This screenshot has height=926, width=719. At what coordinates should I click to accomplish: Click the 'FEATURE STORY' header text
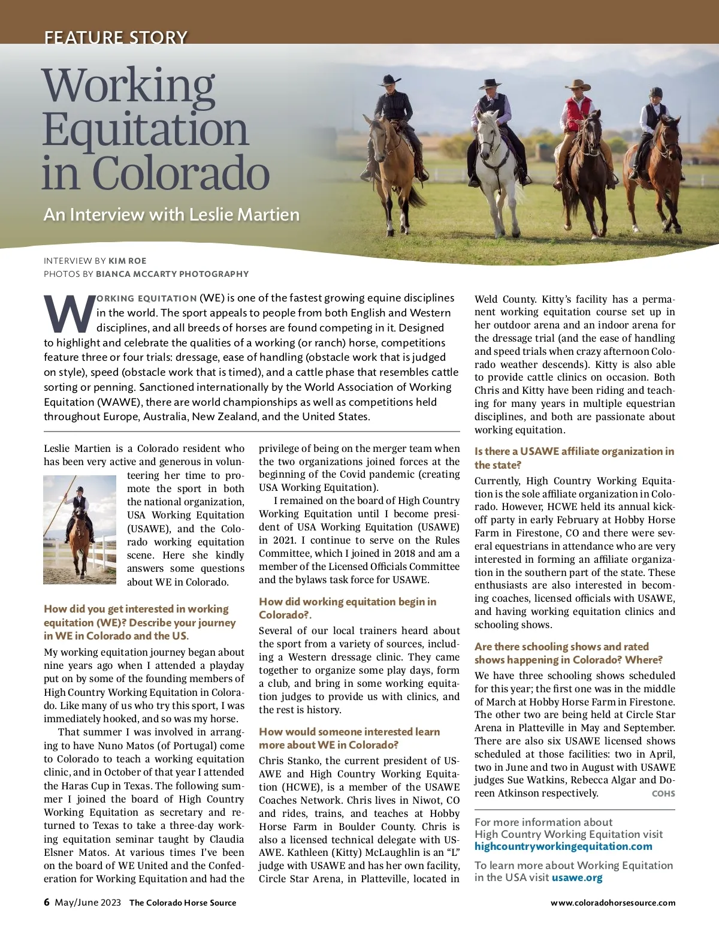[x=116, y=38]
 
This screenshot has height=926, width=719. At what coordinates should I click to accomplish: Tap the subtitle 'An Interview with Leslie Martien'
[x=171, y=215]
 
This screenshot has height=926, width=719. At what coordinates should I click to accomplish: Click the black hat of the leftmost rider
[x=390, y=79]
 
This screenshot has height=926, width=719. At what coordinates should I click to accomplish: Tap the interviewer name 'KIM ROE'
[x=128, y=261]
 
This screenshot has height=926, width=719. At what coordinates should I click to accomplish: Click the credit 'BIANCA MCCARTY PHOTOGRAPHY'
[x=172, y=274]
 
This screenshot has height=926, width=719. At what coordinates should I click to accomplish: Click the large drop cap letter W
[x=68, y=314]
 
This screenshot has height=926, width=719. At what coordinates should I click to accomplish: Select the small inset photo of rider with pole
[x=80, y=529]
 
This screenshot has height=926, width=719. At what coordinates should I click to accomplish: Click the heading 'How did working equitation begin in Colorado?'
[x=348, y=608]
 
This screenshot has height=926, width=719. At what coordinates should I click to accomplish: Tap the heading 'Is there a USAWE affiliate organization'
[x=574, y=458]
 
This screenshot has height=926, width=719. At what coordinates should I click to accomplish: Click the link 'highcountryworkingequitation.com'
[x=563, y=846]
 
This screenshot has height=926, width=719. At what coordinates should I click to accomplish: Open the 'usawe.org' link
[x=577, y=877]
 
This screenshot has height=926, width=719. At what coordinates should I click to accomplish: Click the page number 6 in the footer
[x=47, y=902]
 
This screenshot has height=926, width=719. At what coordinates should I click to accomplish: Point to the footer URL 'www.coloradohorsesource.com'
[x=613, y=903]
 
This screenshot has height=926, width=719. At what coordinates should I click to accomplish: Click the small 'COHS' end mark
[x=663, y=794]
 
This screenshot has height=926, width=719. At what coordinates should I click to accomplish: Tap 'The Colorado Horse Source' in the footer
[x=183, y=903]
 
